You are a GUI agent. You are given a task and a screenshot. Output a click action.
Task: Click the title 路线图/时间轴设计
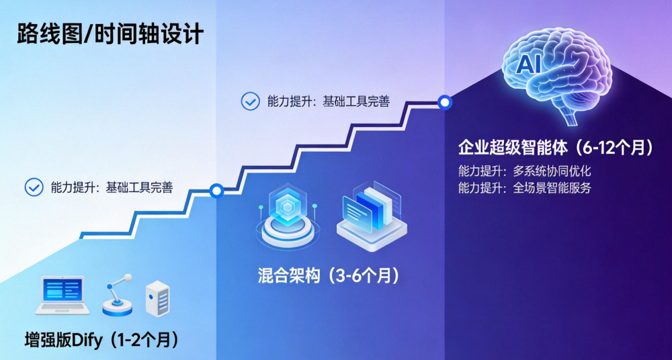tap(110, 34)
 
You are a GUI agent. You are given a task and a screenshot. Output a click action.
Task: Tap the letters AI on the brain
tap(530, 65)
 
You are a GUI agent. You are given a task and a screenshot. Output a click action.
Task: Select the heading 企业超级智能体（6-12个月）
tap(555, 148)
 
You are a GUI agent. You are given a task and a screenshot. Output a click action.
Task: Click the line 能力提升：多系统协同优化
tap(524, 171)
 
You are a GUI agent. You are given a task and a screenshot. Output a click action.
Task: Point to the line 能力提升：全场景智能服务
tap(524, 188)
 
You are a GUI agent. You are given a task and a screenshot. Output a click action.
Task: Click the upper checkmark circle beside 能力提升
tap(251, 101)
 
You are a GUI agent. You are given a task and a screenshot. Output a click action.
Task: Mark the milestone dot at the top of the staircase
tap(444, 103)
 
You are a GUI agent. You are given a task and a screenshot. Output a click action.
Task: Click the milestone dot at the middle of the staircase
tap(216, 191)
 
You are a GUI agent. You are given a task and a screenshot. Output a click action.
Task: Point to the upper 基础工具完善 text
tap(356, 101)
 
